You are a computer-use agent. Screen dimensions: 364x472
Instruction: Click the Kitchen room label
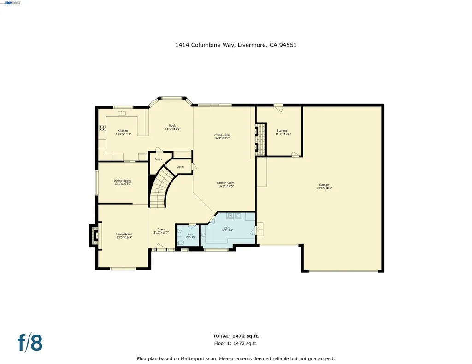click(x=123, y=131)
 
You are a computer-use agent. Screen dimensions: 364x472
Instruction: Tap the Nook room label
click(x=172, y=126)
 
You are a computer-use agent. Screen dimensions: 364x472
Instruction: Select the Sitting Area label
click(x=222, y=135)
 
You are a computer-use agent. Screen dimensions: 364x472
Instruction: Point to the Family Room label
click(x=226, y=183)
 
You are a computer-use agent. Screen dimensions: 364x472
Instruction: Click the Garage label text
click(x=324, y=185)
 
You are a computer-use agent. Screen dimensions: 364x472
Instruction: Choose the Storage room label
click(x=282, y=131)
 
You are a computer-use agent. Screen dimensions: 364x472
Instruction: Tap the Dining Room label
click(x=123, y=181)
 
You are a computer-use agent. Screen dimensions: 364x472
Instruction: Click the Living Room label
click(x=124, y=234)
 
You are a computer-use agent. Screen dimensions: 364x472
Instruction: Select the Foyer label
click(x=161, y=229)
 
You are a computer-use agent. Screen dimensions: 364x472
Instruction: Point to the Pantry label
click(x=158, y=159)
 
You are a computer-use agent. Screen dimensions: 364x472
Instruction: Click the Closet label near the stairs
click(x=180, y=167)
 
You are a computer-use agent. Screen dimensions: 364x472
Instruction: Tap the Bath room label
click(x=190, y=235)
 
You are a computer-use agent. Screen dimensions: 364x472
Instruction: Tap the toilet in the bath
click(x=180, y=242)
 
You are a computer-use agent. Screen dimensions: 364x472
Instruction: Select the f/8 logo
click(x=30, y=343)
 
